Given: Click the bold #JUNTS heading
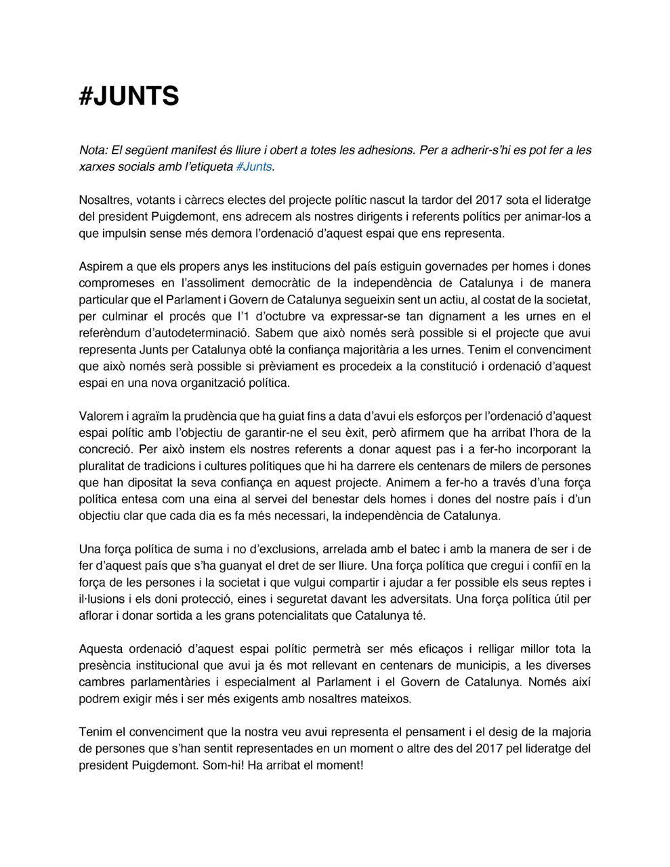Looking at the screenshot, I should pos(129,96).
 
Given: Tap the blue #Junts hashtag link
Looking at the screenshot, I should pos(254,167).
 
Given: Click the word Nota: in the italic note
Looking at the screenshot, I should pos(93,150).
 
